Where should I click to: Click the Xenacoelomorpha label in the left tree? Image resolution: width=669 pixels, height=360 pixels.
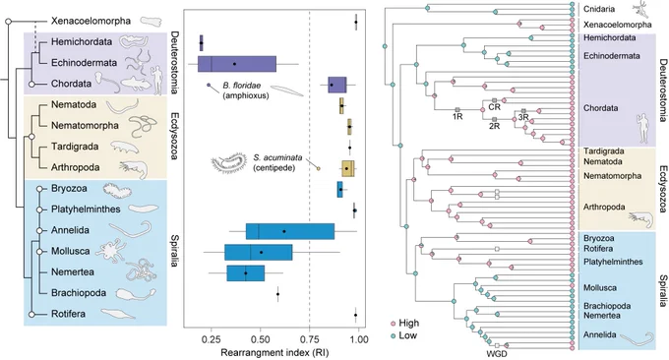[x=91, y=21]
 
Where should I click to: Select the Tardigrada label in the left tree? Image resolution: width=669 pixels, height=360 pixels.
[x=75, y=147]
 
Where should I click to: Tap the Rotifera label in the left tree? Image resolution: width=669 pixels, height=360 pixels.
[x=68, y=314]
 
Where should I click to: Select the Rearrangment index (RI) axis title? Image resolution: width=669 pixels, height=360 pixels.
[x=274, y=353]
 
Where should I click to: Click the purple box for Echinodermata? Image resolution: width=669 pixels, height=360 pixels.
[x=237, y=64]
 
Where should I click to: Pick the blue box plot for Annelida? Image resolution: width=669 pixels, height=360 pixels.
[x=290, y=231]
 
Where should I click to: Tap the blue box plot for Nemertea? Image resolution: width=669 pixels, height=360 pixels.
[x=246, y=273]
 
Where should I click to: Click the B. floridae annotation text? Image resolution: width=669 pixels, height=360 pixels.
[x=245, y=90]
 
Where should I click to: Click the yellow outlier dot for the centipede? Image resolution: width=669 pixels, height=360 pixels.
[x=318, y=168]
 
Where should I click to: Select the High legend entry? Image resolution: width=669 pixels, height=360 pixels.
[x=405, y=323]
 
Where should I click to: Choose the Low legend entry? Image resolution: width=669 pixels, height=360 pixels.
[x=403, y=335]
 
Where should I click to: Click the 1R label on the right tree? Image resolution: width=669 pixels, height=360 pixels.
[x=457, y=116]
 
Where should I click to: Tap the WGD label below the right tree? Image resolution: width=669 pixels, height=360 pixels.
[x=497, y=353]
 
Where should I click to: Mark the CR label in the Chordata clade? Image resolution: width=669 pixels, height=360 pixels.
[x=495, y=107]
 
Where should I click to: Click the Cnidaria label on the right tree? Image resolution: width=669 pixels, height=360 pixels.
[x=599, y=9]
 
